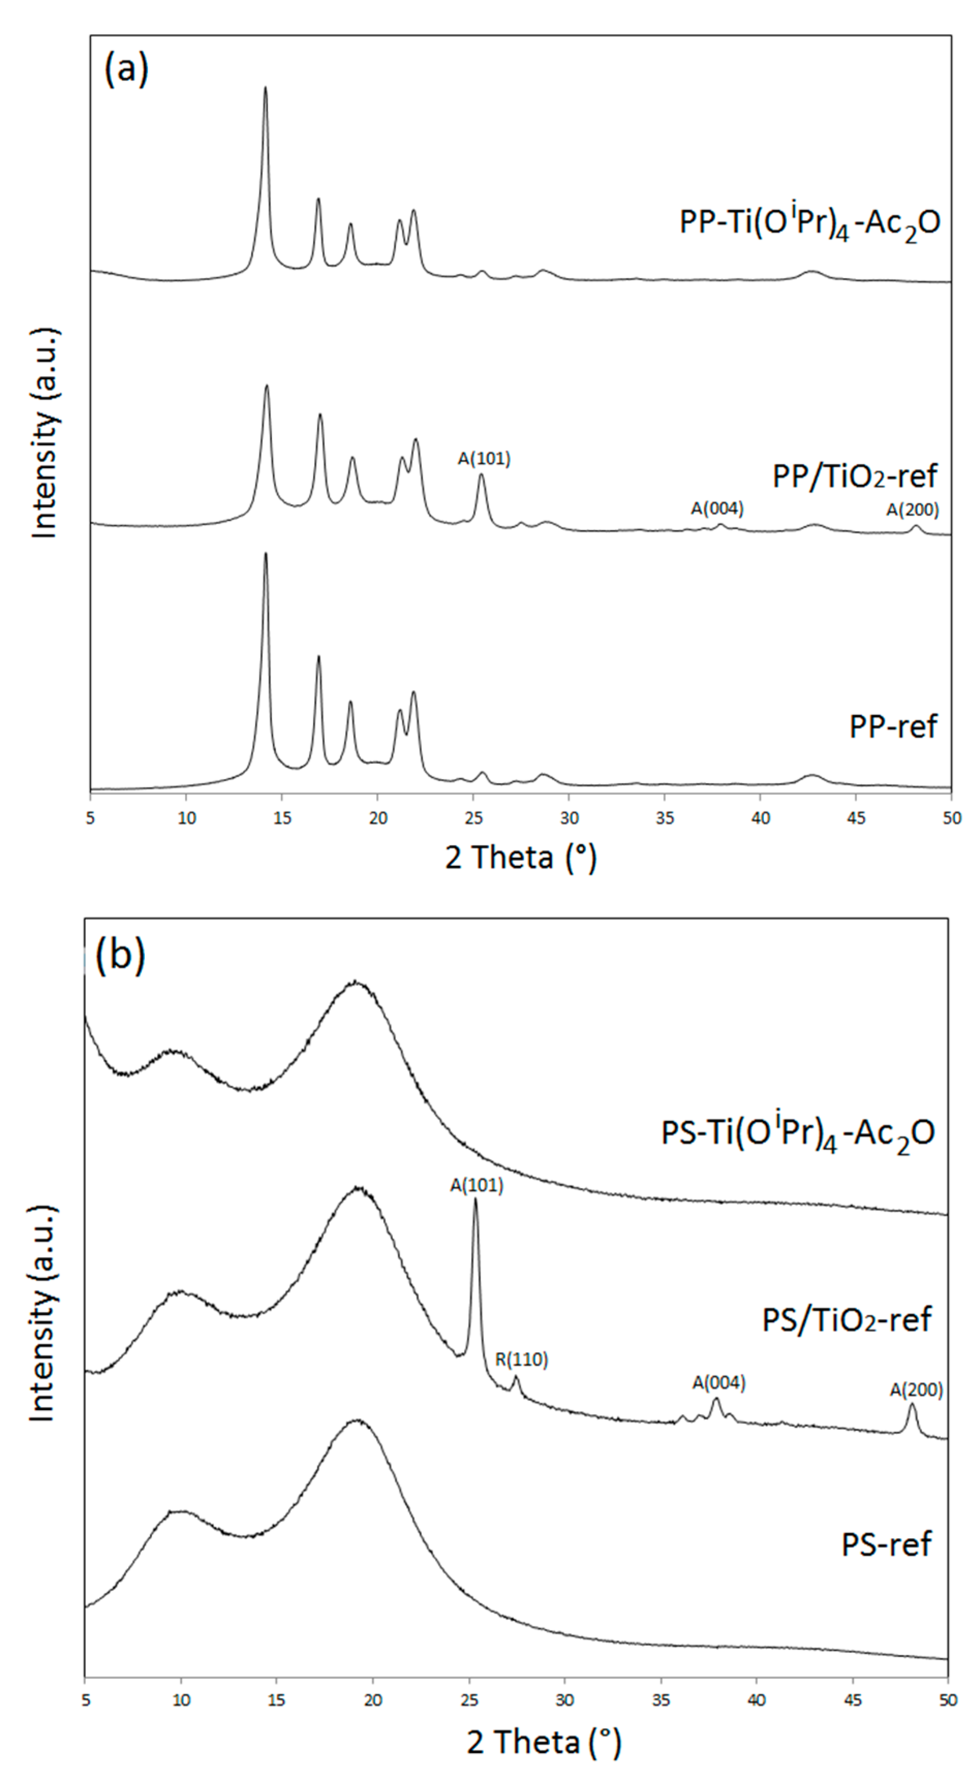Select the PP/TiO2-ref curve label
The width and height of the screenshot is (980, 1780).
(x=854, y=476)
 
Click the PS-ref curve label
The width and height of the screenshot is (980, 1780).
(x=886, y=1543)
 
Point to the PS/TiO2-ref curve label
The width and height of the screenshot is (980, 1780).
(x=847, y=1319)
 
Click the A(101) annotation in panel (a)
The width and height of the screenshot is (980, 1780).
(x=484, y=459)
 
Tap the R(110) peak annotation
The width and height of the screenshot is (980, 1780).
(x=521, y=1360)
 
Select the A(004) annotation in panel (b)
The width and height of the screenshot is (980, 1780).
(x=719, y=1383)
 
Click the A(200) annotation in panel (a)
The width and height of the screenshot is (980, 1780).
(x=912, y=510)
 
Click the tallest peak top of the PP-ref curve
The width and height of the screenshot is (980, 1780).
(x=266, y=554)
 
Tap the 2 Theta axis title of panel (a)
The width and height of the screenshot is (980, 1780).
(x=520, y=858)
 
